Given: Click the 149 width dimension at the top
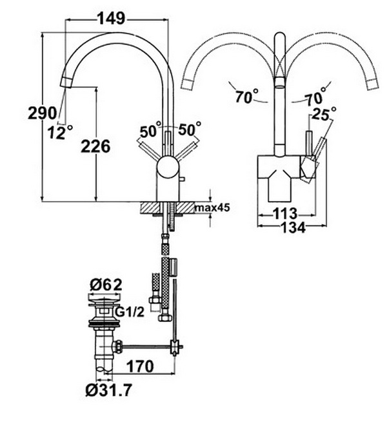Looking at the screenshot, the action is [x=112, y=19].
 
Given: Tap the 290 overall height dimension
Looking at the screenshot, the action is [x=43, y=113].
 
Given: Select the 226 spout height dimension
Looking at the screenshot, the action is [x=95, y=146].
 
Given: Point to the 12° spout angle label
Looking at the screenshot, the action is [x=60, y=132].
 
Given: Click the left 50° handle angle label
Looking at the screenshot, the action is [x=150, y=129].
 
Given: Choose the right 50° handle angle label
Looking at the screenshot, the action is [x=189, y=129].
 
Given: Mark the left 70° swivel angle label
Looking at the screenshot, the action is [x=246, y=96].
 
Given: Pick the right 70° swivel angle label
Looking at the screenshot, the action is [x=315, y=97].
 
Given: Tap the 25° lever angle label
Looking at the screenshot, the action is [x=324, y=113].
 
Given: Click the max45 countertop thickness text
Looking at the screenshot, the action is [x=212, y=208].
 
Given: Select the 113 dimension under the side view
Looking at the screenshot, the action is [x=285, y=214].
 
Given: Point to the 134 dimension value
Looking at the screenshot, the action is [x=293, y=227].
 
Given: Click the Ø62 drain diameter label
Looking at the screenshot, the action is [x=106, y=285].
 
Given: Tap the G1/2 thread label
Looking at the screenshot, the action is [x=130, y=312].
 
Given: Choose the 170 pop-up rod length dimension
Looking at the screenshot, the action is [x=140, y=366].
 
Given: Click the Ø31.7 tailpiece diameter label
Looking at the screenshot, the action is [x=109, y=390].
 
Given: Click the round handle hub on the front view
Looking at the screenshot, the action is [x=168, y=167].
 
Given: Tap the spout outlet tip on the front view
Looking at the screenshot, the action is [x=66, y=82].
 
